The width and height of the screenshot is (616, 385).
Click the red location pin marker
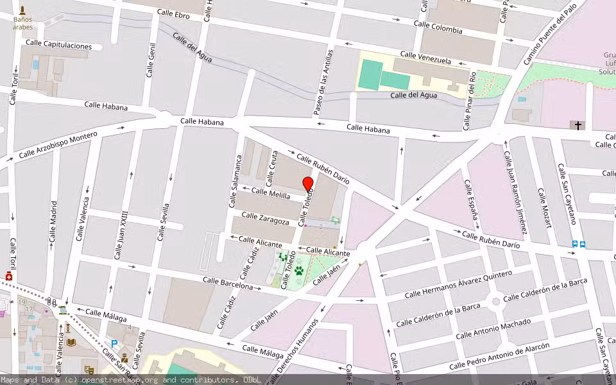coord(308,185)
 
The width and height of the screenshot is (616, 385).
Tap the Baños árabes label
coord(22,23)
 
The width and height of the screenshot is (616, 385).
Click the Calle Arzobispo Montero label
coord(58,145)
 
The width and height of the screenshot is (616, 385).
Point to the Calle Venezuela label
coord(425,58)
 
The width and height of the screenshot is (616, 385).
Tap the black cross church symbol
coord(578,126)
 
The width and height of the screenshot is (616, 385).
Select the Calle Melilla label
coord(270,193)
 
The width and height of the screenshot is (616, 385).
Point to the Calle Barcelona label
coord(228,283)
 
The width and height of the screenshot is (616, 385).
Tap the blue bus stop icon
coord(578,244)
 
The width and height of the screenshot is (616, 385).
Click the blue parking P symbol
coord(114,345)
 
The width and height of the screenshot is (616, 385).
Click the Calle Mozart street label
coord(544,208)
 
